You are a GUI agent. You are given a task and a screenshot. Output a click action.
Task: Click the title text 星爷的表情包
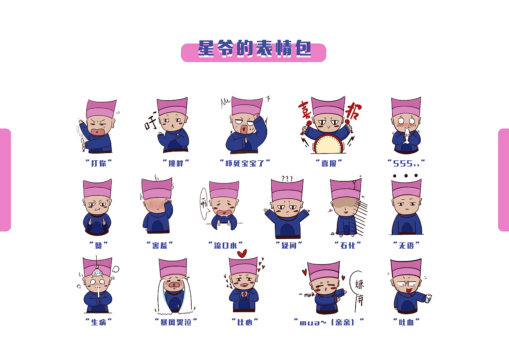pyautogui.click(x=254, y=50)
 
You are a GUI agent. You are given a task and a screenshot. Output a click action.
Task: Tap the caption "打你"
pyautogui.click(x=99, y=163)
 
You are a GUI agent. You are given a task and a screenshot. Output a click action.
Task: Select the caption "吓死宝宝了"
pyautogui.click(x=245, y=163)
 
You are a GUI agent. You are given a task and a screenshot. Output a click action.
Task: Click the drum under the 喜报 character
pyautogui.click(x=328, y=144)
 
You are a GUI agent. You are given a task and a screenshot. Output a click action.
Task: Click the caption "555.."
pyautogui.click(x=406, y=163)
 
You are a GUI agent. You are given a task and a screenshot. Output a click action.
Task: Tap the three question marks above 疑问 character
pyautogui.click(x=287, y=178)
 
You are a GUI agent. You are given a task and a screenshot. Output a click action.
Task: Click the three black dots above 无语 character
pyautogui.click(x=405, y=175)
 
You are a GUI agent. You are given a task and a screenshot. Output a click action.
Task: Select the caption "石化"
pyautogui.click(x=348, y=245)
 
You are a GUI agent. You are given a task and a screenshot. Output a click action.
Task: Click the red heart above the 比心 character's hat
pyautogui.click(x=242, y=253)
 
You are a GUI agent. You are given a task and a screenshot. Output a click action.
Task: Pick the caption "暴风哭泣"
pyautogui.click(x=176, y=322)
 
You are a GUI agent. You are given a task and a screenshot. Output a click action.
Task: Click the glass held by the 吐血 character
pyautogui.click(x=428, y=298)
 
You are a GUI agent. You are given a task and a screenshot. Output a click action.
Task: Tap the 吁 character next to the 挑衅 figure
pyautogui.click(x=151, y=125)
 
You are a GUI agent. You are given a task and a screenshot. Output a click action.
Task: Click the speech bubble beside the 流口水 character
pyautogui.click(x=204, y=203)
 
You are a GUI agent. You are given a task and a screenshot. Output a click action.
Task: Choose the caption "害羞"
pyautogui.click(x=160, y=245)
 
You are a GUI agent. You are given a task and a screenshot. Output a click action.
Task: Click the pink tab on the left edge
pyautogui.click(x=5, y=180)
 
